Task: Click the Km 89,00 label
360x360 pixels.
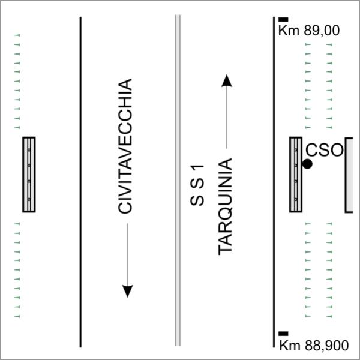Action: pyautogui.click(x=309, y=31)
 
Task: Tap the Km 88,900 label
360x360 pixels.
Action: pyautogui.click(x=314, y=345)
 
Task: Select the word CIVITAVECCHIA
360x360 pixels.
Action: pyautogui.click(x=125, y=146)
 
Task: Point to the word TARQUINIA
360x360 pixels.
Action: pyautogui.click(x=225, y=206)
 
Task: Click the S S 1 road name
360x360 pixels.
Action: pyautogui.click(x=197, y=185)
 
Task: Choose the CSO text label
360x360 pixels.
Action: pyautogui.click(x=324, y=151)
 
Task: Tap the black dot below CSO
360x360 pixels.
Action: pyautogui.click(x=307, y=164)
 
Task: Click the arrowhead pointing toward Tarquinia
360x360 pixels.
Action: pyautogui.click(x=227, y=80)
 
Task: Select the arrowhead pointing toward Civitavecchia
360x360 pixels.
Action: pyautogui.click(x=127, y=292)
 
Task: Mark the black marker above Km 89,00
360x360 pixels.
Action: pyautogui.click(x=283, y=20)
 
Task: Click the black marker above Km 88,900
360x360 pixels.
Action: pyautogui.click(x=283, y=334)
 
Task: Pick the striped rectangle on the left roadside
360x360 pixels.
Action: pyautogui.click(x=29, y=175)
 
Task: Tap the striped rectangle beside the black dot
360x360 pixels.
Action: pyautogui.click(x=296, y=175)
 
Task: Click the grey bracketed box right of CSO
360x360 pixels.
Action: pyautogui.click(x=349, y=175)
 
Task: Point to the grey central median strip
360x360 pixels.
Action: pyautogui.click(x=178, y=180)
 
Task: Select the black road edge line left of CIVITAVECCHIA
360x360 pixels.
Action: pyautogui.click(x=80, y=182)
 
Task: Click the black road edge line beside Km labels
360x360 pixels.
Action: pyautogui.click(x=274, y=182)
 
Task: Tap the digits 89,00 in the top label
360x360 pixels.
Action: pyautogui.click(x=322, y=31)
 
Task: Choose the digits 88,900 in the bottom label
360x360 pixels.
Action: pyautogui.click(x=327, y=346)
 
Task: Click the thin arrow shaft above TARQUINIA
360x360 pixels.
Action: pyautogui.click(x=227, y=118)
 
